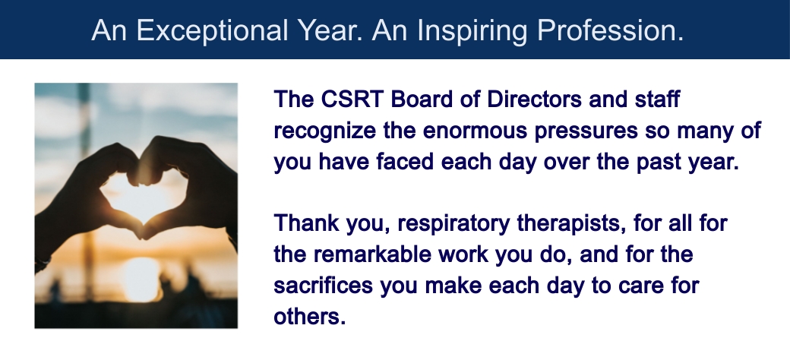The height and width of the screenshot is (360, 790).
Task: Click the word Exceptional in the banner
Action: [x=212, y=31]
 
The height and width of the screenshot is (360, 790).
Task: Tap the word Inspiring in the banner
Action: [x=472, y=31]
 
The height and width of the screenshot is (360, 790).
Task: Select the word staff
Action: [x=657, y=99]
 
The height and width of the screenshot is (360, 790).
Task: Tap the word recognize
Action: [x=324, y=131]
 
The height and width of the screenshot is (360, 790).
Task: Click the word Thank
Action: [x=306, y=223]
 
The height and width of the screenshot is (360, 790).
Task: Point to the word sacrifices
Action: [x=323, y=286]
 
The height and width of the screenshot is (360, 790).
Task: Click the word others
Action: [x=309, y=317]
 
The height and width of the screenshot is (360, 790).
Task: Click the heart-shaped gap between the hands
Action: [x=142, y=197]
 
